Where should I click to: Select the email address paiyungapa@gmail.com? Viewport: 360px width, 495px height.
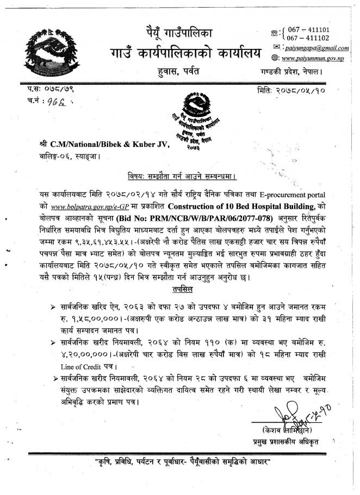coord(319,48)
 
